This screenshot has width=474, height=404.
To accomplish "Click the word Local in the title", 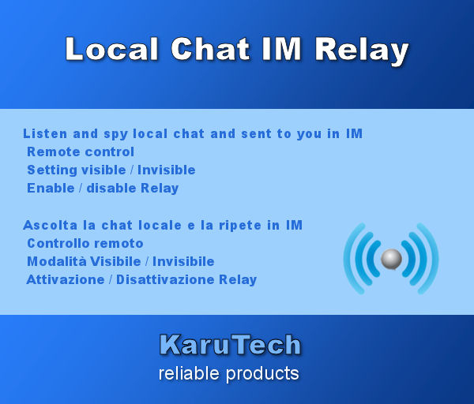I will (110, 50).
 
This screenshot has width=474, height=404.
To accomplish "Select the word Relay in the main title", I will (362, 50).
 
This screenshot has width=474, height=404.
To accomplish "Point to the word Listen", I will (45, 133).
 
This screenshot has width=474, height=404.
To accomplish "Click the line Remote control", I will (81, 151).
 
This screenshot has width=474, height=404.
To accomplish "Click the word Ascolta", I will (49, 225).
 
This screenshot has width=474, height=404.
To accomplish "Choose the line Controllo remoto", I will (85, 243).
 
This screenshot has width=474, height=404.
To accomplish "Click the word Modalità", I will (58, 261).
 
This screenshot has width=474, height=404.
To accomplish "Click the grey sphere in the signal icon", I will (391, 259).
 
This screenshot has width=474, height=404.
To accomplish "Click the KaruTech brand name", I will (230, 345).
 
